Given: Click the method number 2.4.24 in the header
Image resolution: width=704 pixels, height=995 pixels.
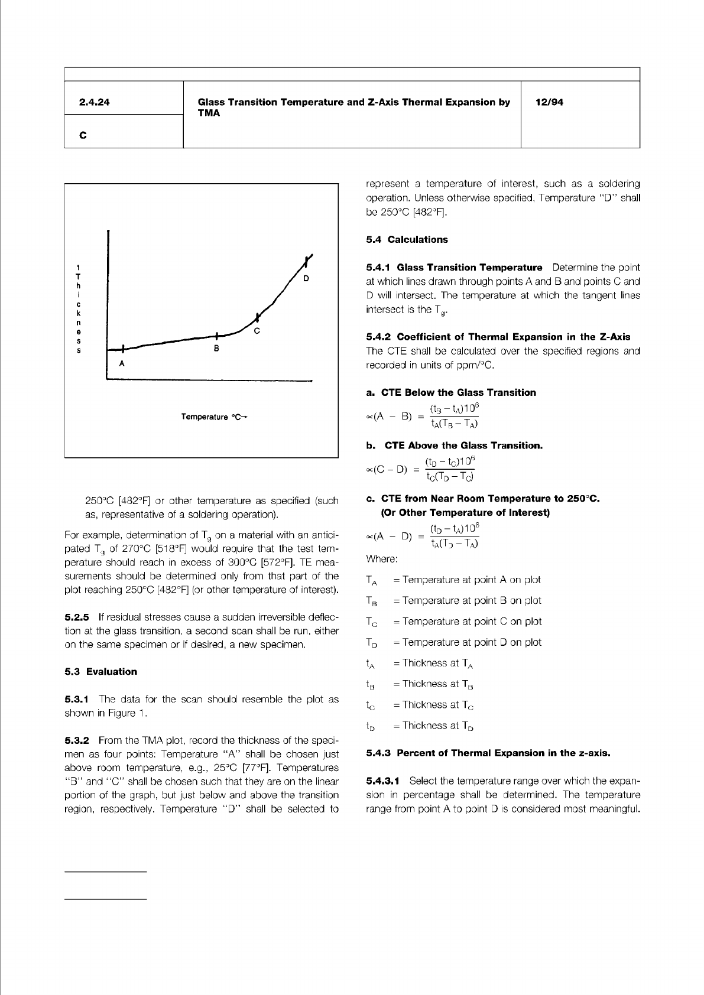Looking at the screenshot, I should click(x=95, y=102).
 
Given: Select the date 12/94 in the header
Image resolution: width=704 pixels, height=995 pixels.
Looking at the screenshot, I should click(x=549, y=102).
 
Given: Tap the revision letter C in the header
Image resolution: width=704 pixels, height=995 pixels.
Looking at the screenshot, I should click(x=83, y=135).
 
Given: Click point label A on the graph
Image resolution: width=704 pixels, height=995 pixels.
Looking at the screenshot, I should click(x=122, y=363).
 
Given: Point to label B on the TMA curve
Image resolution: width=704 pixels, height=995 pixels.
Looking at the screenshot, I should click(x=217, y=349).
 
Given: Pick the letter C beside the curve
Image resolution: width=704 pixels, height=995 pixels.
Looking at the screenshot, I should click(x=257, y=331).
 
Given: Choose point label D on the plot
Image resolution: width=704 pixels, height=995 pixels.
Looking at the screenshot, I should click(x=306, y=278).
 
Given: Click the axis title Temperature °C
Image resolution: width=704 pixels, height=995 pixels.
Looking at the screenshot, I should click(x=213, y=417).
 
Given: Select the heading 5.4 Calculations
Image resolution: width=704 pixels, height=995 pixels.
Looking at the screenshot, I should click(x=407, y=239).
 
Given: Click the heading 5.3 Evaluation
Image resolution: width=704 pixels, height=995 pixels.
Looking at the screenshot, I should click(x=100, y=671).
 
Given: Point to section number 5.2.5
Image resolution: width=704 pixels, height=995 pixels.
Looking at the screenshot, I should click(x=77, y=617).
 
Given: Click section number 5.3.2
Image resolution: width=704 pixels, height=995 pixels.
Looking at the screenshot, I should click(x=77, y=740).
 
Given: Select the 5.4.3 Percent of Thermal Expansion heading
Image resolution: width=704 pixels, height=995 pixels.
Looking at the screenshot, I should click(x=488, y=753).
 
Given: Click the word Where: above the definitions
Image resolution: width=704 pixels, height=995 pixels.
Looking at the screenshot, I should click(x=382, y=558).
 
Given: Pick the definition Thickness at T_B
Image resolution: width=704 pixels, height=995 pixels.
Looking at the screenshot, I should click(x=433, y=684).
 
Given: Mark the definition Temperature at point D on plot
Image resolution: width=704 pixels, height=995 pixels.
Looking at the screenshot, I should click(x=467, y=642).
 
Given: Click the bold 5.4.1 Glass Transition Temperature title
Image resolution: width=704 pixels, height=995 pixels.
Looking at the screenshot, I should click(x=454, y=268).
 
